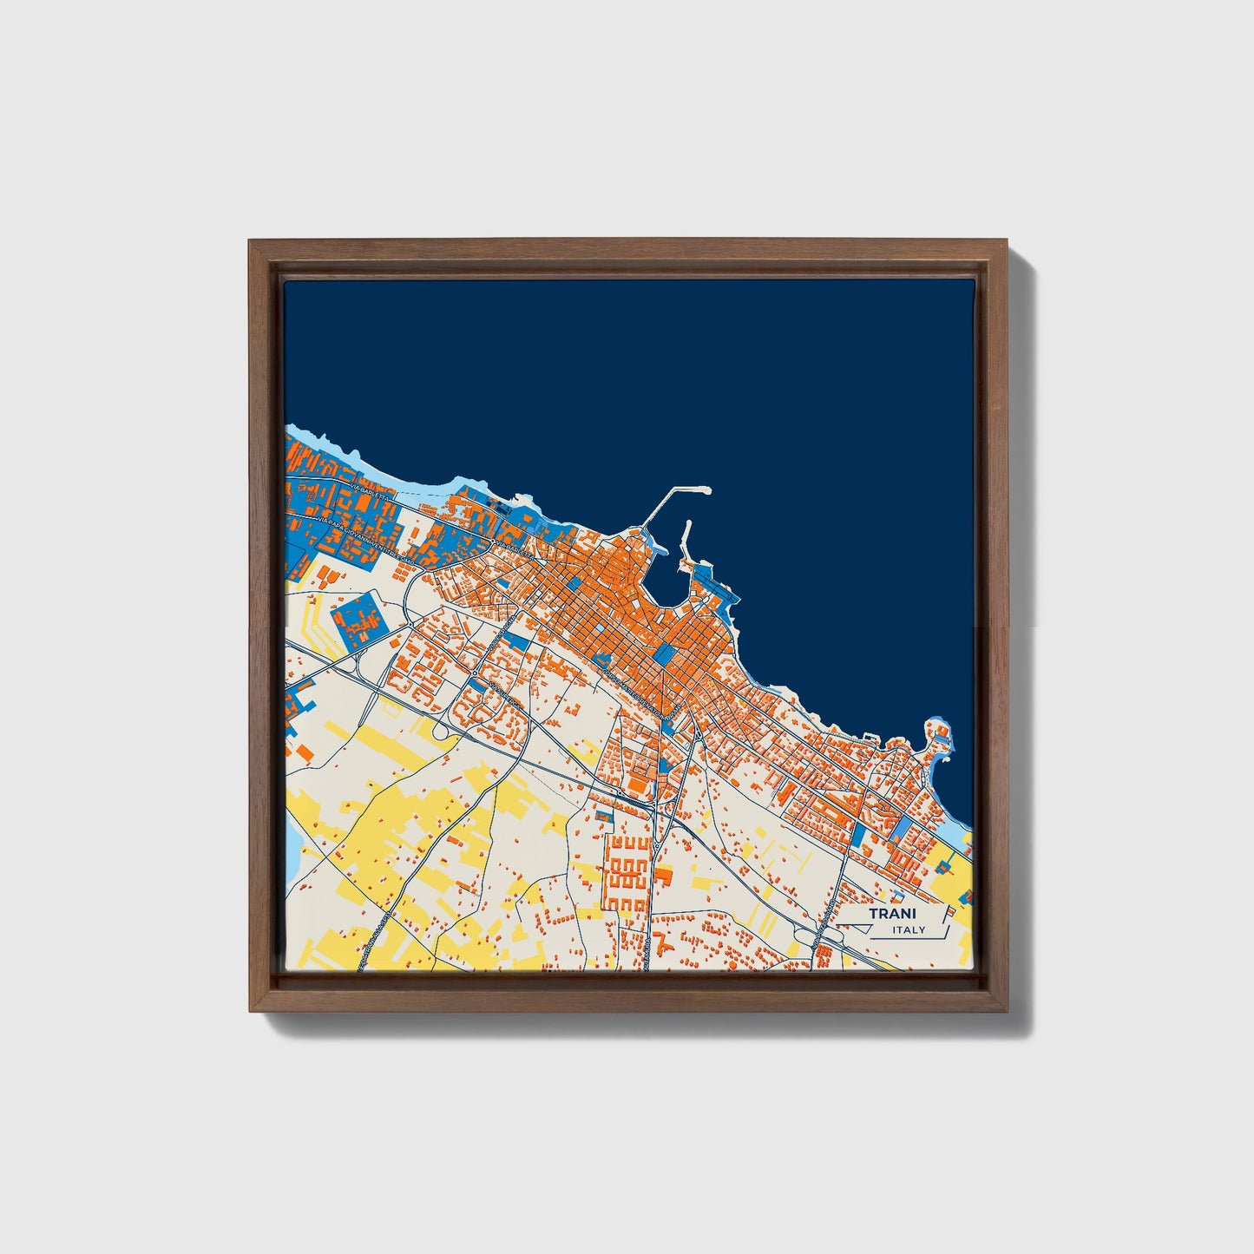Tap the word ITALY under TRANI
(909, 930)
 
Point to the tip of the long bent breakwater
(707, 490)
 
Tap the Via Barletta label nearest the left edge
(373, 498)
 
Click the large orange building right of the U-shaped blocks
(664, 876)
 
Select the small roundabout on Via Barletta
(493, 542)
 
